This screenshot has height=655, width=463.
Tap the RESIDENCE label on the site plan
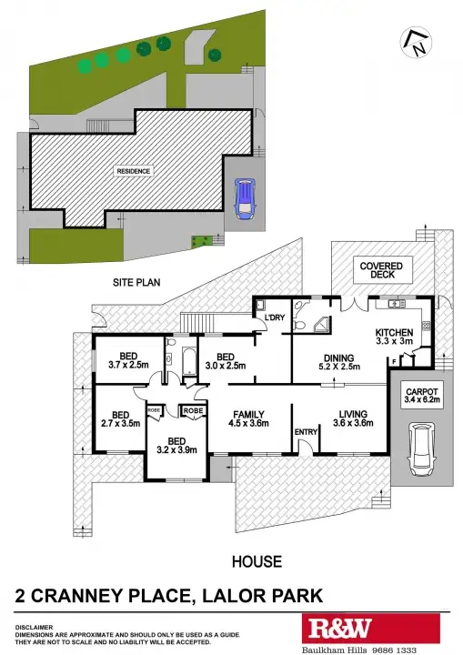pyautogui.click(x=133, y=170)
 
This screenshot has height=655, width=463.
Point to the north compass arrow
pyautogui.click(x=417, y=41)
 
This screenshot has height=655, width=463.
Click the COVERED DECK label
pyautogui.click(x=380, y=271)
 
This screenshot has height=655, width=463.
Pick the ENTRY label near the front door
pyautogui.click(x=304, y=431)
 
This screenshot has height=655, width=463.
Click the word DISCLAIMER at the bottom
pyautogui.click(x=34, y=628)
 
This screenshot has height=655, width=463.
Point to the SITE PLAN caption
pyautogui.click(x=136, y=282)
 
